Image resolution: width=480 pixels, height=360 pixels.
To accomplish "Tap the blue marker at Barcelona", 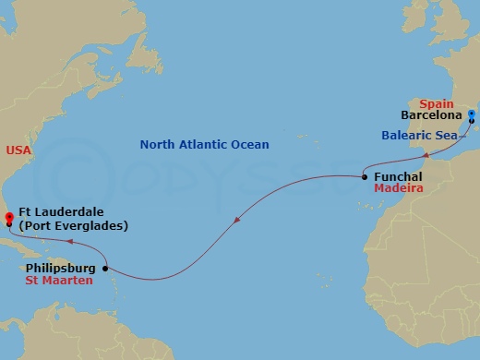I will (472, 115).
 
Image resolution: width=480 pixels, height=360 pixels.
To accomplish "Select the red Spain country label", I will (436, 104).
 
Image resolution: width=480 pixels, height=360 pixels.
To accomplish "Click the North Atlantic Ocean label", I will (204, 145).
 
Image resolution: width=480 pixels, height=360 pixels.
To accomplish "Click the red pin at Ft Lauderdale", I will (8, 218).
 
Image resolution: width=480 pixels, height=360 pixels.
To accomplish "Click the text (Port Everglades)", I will (73, 226).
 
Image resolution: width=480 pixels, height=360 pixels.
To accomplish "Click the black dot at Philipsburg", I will (105, 269).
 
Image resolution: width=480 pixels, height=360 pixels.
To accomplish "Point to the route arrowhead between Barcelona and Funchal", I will (426, 156).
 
